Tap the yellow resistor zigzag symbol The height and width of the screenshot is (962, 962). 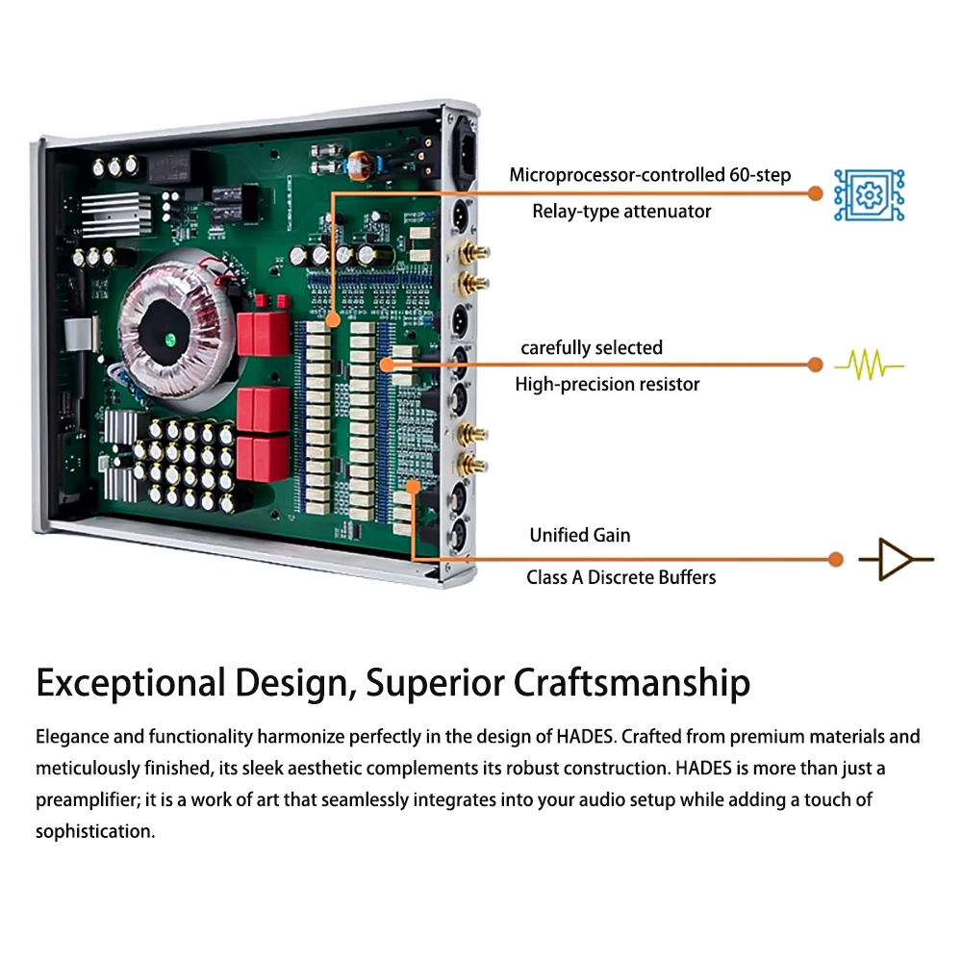tap(869, 366)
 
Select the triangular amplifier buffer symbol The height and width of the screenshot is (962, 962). tap(896, 559)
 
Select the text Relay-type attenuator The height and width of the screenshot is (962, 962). tap(621, 212)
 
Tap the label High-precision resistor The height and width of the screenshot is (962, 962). tap(607, 385)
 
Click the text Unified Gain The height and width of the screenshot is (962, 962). tap(580, 535)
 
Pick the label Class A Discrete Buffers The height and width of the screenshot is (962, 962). tap(620, 577)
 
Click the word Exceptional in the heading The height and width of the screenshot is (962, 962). tap(127, 683)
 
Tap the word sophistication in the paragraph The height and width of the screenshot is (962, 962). tap(95, 831)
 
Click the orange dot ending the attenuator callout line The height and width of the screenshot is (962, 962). tap(816, 193)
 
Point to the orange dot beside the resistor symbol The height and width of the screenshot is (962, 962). tap(816, 365)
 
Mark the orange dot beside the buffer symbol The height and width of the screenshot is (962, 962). tap(836, 559)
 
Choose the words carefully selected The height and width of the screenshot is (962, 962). tap(592, 347)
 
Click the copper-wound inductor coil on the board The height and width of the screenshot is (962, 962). tap(363, 165)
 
